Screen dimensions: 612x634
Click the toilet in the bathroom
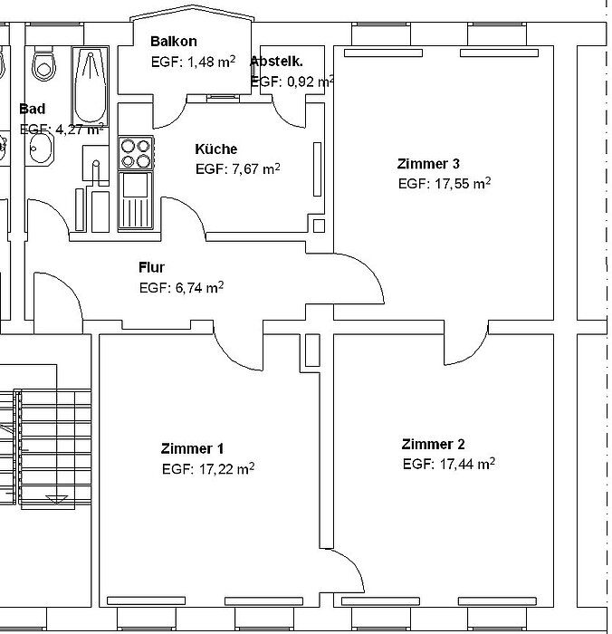(43, 63)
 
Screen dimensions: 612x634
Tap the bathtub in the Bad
(91, 86)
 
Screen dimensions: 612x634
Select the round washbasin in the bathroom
(41, 148)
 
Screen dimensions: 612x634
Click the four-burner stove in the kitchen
(136, 153)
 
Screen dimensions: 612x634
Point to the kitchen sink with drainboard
(136, 201)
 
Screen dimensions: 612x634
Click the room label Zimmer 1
(192, 448)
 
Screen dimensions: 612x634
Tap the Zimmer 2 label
(433, 444)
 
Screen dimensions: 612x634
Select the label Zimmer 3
(428, 163)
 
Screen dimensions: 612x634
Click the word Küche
(215, 149)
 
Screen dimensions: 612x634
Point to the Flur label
(151, 267)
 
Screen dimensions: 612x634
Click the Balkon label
(174, 41)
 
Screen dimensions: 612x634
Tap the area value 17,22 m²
(226, 468)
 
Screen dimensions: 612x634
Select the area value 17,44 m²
(467, 464)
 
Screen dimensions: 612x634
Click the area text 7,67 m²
(256, 168)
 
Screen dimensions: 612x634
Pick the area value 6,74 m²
(199, 287)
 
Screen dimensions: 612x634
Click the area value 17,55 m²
(463, 183)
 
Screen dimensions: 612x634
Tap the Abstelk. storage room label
(276, 62)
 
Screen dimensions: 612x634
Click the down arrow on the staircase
(57, 500)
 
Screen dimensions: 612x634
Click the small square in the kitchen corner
(319, 226)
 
